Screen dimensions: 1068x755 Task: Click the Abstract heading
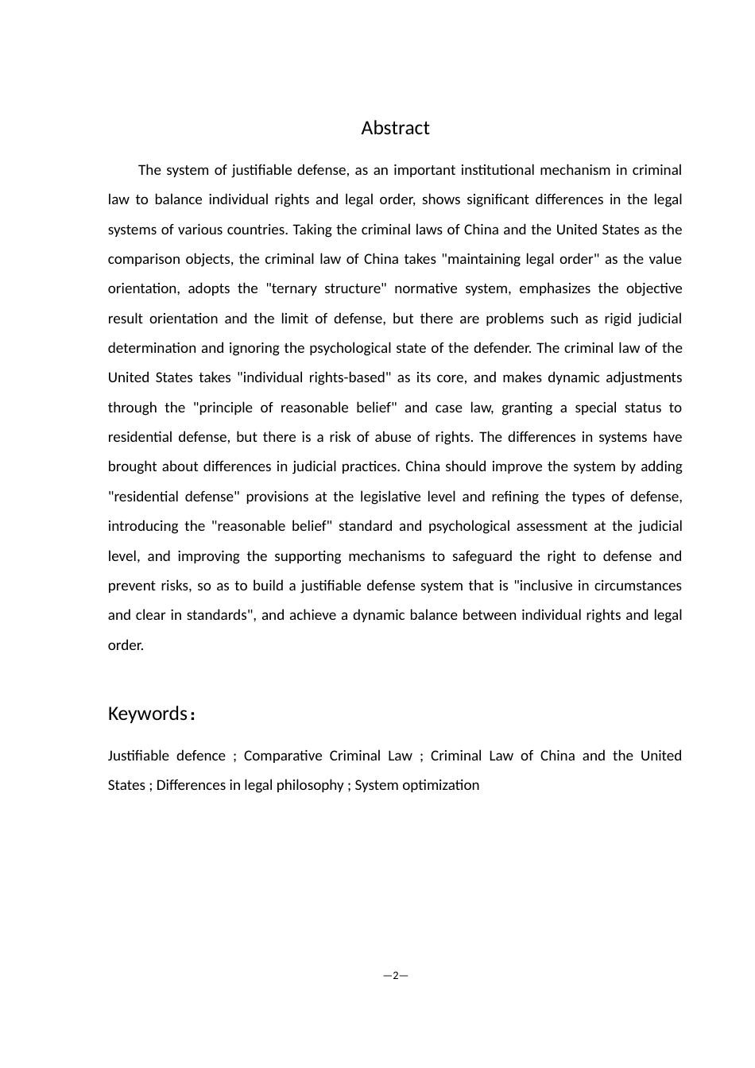pos(395,128)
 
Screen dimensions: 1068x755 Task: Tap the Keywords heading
pos(148,714)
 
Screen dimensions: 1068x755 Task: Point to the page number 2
pos(395,975)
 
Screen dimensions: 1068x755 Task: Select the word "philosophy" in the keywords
pos(306,785)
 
